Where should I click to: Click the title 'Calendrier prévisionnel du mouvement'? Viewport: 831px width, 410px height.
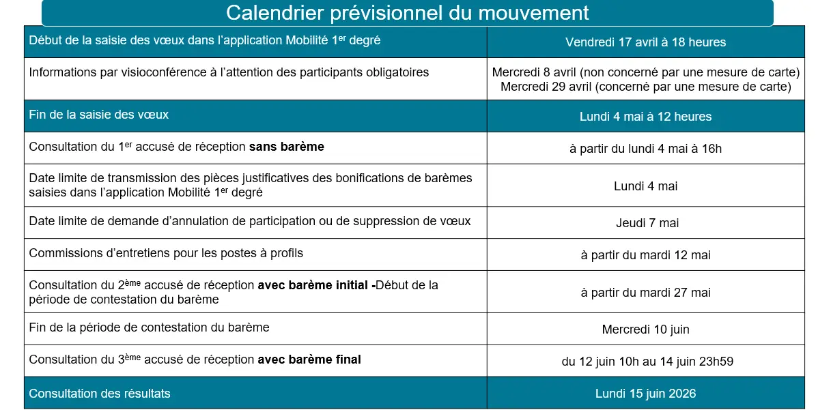point(407,12)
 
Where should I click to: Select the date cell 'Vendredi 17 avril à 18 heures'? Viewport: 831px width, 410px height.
point(645,42)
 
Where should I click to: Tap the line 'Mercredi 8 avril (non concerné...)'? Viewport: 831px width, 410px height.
point(645,72)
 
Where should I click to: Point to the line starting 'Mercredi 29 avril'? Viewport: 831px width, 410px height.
point(645,87)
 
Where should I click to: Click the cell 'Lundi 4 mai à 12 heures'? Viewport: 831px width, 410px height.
point(645,117)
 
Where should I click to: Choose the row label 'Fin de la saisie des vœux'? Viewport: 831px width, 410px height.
point(99,115)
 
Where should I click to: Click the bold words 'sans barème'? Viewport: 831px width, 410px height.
point(286,147)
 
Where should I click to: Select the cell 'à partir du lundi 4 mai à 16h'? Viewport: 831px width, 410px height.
point(645,148)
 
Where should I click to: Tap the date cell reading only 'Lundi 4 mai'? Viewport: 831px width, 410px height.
point(645,186)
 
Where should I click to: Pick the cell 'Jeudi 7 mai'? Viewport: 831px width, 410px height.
point(645,223)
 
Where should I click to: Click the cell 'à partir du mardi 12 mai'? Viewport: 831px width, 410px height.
point(645,255)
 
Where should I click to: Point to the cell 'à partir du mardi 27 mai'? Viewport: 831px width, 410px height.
point(645,293)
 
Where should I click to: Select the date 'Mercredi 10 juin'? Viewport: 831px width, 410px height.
point(645,330)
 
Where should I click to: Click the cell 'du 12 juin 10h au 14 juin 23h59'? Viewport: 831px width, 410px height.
point(645,362)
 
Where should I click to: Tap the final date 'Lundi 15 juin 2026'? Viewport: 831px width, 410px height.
point(645,394)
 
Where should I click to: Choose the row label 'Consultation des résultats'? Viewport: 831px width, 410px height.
point(100,394)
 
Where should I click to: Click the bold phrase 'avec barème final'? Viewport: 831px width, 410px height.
point(309,360)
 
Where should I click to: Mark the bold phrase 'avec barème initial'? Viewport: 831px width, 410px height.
point(314,286)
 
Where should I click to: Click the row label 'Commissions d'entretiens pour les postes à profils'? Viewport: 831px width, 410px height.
point(166,253)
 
